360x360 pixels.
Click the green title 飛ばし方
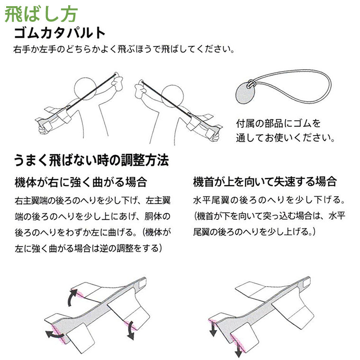point(41,15)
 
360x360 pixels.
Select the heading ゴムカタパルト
point(60,33)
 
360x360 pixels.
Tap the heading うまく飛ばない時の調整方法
point(91,160)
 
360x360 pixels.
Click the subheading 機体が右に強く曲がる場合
point(81,182)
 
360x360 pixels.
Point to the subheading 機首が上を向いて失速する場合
point(265,181)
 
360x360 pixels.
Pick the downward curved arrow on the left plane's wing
point(131,330)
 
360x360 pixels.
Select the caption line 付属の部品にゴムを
point(278,124)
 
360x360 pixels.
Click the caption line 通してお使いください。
point(285,138)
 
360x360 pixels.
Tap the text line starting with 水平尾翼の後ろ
point(269,200)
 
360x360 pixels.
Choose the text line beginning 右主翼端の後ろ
point(93,201)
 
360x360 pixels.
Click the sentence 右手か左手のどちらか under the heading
point(124,49)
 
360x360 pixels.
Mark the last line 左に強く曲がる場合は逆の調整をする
point(89,248)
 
